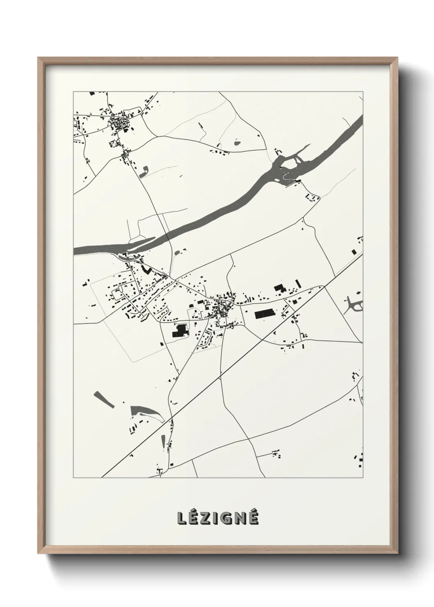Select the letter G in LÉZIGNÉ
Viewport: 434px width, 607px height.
point(228,518)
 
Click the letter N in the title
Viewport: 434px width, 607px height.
point(242,518)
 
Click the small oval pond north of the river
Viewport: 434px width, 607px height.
point(237,143)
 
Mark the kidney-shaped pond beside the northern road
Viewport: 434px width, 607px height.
point(144,171)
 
